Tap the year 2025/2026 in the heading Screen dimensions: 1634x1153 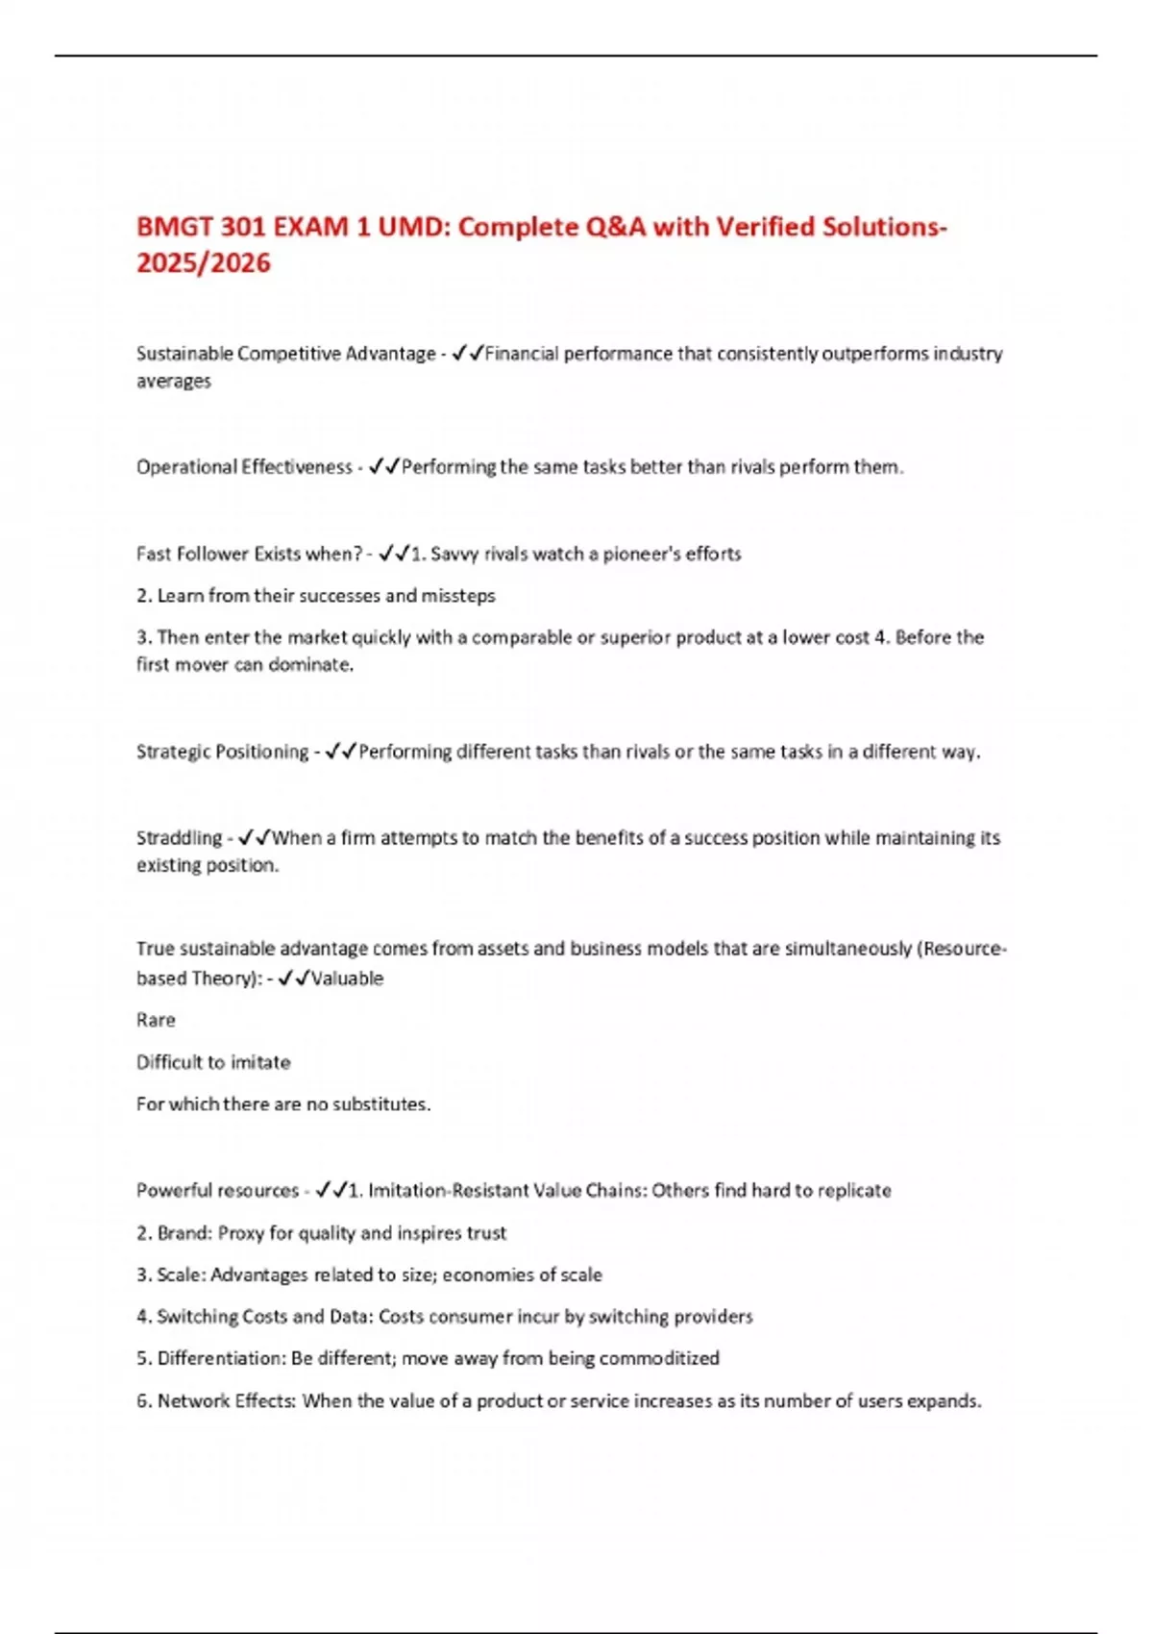[203, 262]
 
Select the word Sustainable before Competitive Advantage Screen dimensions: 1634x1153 [184, 354]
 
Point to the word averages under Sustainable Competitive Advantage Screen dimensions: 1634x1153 [173, 382]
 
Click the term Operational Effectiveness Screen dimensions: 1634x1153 [244, 467]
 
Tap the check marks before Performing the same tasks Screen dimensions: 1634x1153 [384, 467]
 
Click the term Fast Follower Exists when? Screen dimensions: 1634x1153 [249, 554]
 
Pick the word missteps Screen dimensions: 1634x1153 [458, 596]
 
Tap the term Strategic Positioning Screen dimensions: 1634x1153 [222, 752]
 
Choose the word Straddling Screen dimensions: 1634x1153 [179, 838]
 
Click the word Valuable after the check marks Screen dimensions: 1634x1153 [347, 978]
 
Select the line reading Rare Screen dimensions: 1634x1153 [156, 1020]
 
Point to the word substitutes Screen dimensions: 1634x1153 [380, 1104]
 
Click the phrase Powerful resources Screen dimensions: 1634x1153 [217, 1191]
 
